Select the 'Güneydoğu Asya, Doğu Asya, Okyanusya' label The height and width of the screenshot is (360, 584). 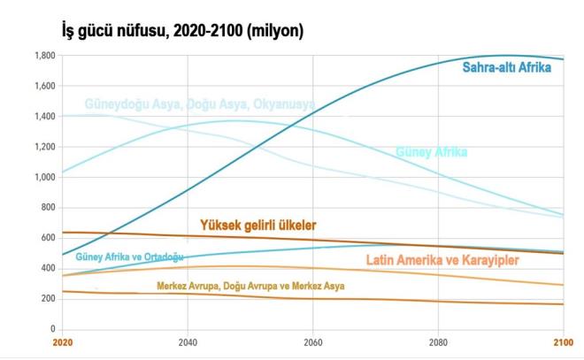[x=199, y=104]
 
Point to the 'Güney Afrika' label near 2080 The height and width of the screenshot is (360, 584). [x=431, y=152]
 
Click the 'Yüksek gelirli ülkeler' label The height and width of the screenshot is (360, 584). [x=257, y=226]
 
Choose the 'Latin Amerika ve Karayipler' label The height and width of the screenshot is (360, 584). [x=442, y=260]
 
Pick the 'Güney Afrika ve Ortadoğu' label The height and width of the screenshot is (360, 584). [x=129, y=257]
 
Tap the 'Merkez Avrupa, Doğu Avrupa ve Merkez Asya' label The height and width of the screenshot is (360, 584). [x=250, y=287]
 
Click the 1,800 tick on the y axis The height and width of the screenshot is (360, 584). [x=44, y=56]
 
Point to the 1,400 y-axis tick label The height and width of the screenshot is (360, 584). [x=44, y=117]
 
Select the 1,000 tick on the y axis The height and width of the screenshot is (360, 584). [x=44, y=177]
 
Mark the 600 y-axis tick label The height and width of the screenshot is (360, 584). [x=47, y=238]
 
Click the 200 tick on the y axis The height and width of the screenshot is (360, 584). [x=47, y=299]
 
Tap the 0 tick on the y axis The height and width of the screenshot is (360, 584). [x=52, y=329]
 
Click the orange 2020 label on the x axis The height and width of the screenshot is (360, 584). [x=62, y=341]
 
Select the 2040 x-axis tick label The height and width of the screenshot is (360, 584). [x=187, y=341]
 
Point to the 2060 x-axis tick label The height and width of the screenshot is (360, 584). [x=312, y=341]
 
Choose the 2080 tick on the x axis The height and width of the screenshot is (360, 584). [x=437, y=341]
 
